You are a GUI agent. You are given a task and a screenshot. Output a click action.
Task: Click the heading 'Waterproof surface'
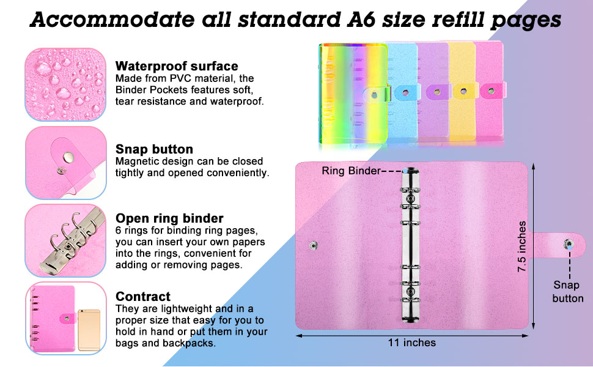[x=177, y=66]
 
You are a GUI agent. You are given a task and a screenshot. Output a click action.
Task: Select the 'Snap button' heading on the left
[x=154, y=149]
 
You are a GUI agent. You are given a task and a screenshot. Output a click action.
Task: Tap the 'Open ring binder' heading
[x=169, y=218]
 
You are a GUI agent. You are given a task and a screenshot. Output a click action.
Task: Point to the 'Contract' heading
[x=143, y=296]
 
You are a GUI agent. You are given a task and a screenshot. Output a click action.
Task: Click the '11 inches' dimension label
[x=412, y=343]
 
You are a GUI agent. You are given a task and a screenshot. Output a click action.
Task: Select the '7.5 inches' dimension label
[x=522, y=247]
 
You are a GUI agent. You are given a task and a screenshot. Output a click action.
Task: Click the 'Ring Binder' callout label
[x=351, y=171]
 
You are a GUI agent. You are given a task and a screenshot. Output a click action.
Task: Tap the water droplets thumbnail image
[x=65, y=84]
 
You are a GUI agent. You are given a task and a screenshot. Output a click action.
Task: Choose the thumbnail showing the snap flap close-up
[x=65, y=163]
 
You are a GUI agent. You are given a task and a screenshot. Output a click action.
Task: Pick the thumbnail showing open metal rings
[x=65, y=240]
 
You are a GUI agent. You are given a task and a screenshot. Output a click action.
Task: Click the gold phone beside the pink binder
[x=89, y=330]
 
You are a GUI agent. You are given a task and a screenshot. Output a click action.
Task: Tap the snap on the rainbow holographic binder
[x=374, y=95]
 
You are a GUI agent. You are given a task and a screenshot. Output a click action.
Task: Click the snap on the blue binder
[x=405, y=92]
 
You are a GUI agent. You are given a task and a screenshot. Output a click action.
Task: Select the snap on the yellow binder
[x=463, y=91]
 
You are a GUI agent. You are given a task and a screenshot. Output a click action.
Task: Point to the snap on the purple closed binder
[x=437, y=92]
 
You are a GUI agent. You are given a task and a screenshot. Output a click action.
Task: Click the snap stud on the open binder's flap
[x=569, y=245]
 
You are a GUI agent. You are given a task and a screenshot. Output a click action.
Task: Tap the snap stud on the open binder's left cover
[x=313, y=245]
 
